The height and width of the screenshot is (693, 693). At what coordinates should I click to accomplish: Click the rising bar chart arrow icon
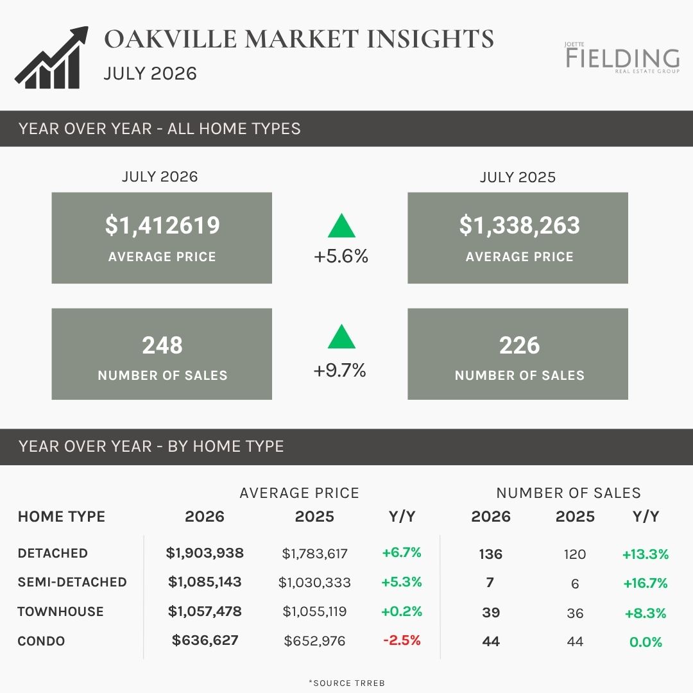51,58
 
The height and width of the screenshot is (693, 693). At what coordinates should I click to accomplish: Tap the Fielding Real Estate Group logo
622,58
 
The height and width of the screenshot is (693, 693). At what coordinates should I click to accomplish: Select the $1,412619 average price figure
162,225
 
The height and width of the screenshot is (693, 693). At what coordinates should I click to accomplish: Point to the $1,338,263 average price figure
519,225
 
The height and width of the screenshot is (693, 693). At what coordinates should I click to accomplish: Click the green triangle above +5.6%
341,226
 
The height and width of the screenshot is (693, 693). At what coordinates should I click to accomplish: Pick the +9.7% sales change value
340,370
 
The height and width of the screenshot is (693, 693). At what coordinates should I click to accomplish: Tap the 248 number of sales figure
162,345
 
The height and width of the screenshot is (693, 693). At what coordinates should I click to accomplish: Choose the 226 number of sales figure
519,345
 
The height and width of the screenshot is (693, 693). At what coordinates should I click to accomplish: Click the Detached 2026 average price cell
205,553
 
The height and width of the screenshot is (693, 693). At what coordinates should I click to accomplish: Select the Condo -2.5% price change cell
402,640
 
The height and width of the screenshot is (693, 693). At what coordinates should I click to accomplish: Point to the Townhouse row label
60,612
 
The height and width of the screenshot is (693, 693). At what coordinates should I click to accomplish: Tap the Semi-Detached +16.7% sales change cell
646,583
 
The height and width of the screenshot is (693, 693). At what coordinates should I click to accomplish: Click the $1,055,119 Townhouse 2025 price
314,612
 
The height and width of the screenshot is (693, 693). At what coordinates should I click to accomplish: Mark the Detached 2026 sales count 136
491,554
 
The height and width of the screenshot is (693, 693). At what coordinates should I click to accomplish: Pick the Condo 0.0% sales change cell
646,642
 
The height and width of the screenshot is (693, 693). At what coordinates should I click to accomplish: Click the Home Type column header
62,517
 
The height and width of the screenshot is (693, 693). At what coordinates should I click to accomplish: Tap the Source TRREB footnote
347,683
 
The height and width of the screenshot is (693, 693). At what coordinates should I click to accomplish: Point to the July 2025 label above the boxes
518,177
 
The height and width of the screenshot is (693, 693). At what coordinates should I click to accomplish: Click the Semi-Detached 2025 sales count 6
575,584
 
